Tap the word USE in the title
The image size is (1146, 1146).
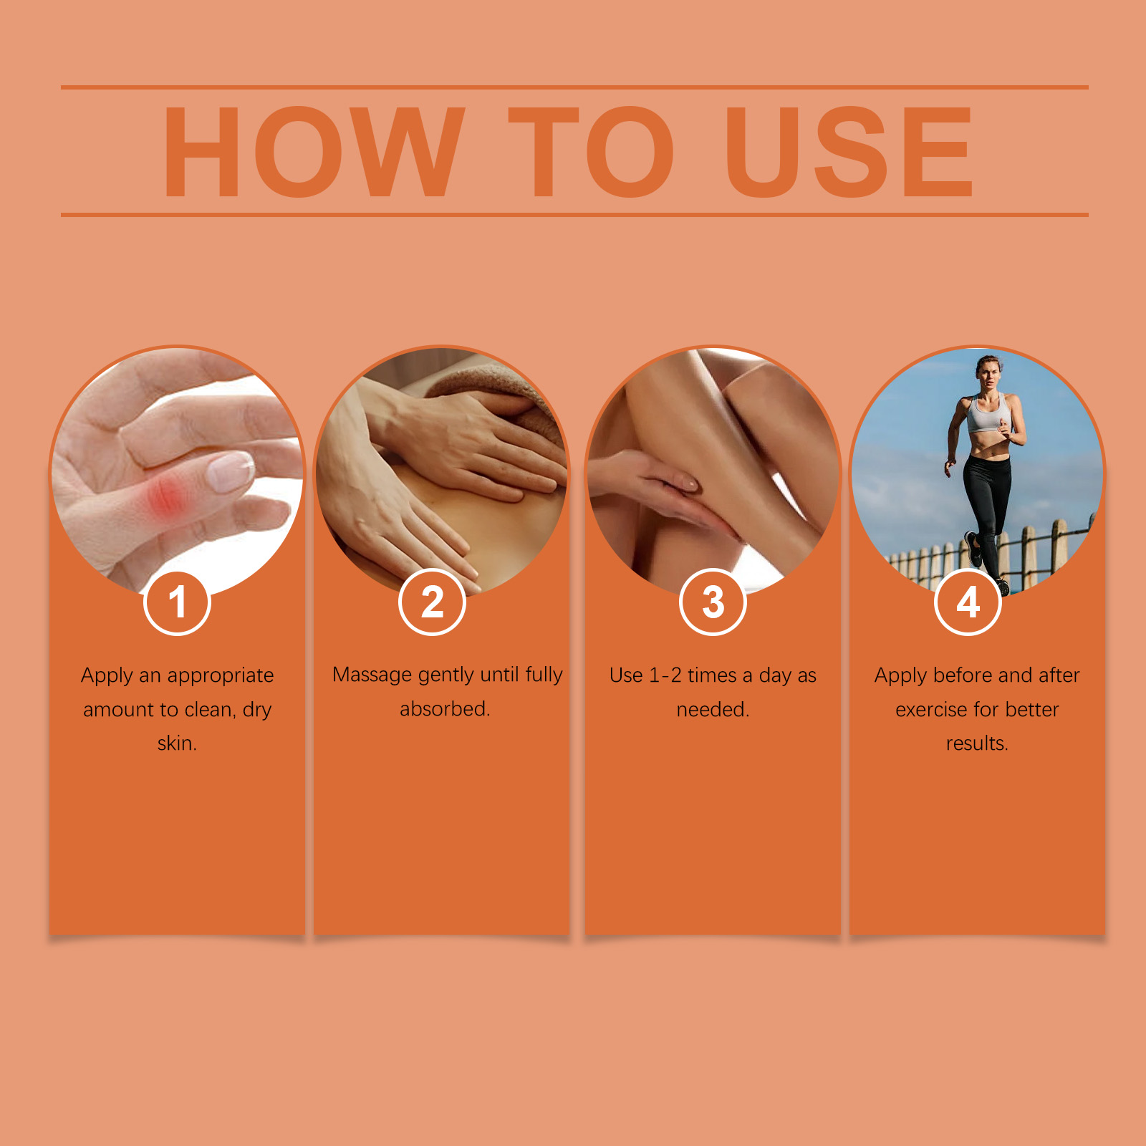click(849, 152)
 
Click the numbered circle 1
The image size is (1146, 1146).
click(177, 602)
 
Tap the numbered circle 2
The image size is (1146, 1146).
click(432, 602)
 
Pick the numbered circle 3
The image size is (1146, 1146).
click(713, 602)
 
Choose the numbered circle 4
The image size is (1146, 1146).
click(968, 602)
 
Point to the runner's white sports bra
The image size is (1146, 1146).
click(988, 414)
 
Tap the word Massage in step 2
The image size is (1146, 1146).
click(372, 675)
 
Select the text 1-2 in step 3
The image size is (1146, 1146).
click(665, 675)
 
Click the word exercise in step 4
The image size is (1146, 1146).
click(936, 710)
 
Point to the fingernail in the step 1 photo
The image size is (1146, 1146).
click(230, 471)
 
